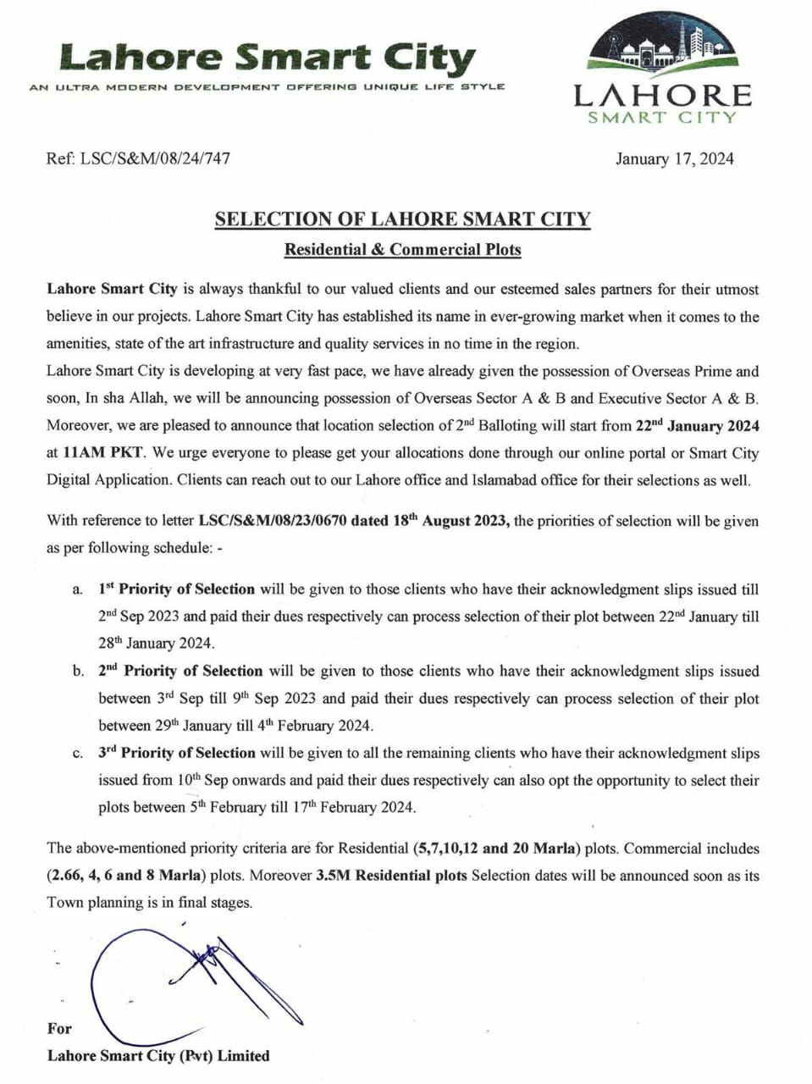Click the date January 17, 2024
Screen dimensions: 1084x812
click(674, 158)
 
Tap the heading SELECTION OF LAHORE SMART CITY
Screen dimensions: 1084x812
click(402, 219)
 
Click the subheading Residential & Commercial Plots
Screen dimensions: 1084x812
click(402, 250)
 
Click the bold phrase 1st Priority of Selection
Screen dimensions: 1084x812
click(176, 589)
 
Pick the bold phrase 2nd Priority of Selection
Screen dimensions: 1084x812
click(180, 671)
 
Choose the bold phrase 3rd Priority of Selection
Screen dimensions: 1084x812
click(176, 752)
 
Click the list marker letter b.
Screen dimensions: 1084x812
click(78, 672)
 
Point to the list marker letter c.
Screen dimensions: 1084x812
click(78, 753)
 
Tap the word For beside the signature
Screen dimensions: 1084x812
click(60, 1028)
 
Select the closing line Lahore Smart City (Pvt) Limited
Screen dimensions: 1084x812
click(158, 1055)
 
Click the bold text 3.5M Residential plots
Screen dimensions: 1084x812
click(391, 875)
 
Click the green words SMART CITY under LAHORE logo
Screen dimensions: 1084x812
click(662, 118)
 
